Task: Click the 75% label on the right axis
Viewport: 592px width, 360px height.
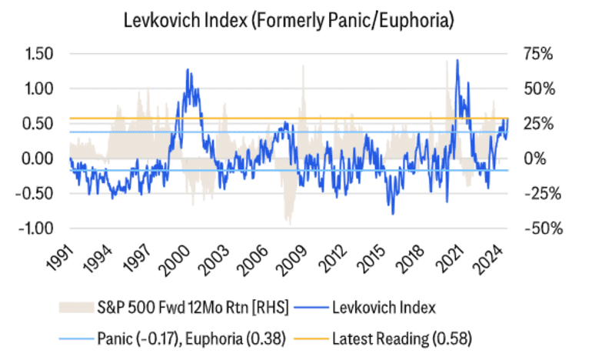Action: tap(537, 53)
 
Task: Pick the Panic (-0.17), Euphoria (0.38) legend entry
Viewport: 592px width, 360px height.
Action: tap(192, 336)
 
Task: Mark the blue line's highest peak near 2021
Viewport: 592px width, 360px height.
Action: tap(457, 60)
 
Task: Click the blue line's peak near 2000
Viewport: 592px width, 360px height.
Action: tap(188, 69)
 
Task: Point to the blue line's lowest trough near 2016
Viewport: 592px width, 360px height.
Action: tap(393, 214)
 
